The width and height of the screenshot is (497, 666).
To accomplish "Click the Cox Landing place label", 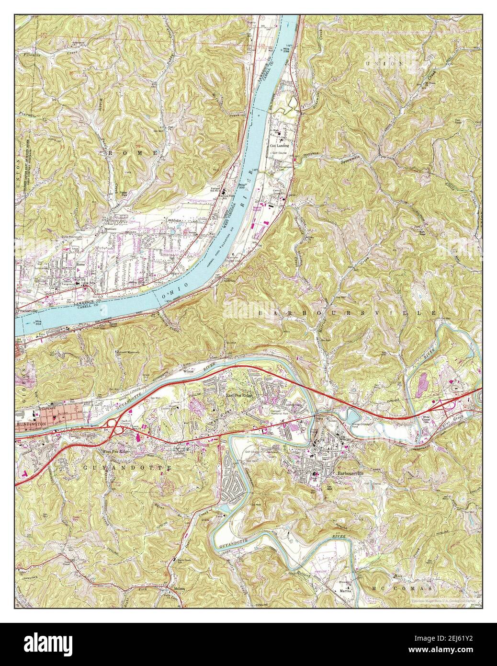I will coord(280,145).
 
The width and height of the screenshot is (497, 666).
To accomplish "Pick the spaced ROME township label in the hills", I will coord(134,152).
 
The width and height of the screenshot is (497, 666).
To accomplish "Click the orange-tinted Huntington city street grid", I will coord(65,414).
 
